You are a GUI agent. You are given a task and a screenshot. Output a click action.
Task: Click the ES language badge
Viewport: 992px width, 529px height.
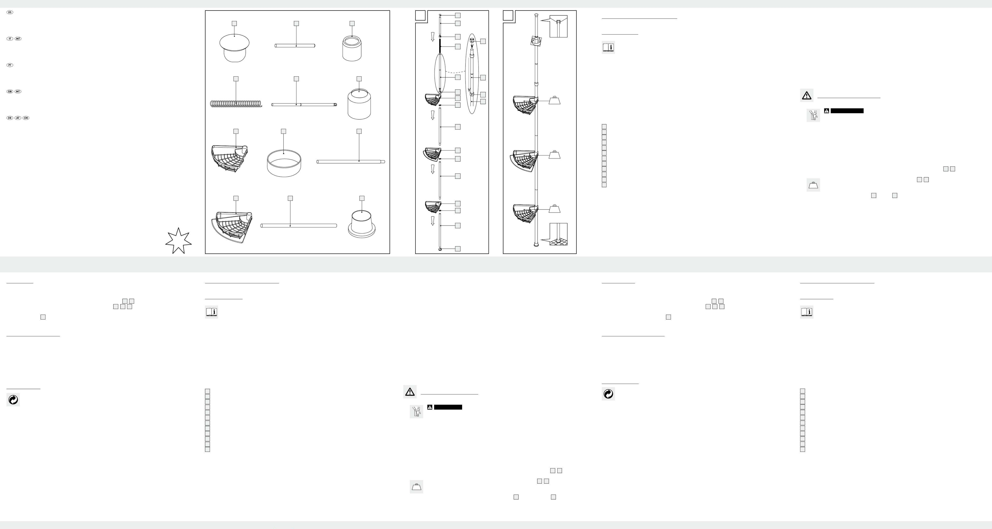coord(10,12)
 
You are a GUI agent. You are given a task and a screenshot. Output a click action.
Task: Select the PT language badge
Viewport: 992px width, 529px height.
coord(10,65)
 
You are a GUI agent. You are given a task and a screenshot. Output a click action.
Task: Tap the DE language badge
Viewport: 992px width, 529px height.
coord(10,118)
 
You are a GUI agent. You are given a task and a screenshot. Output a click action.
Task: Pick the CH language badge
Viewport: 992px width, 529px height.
coord(26,118)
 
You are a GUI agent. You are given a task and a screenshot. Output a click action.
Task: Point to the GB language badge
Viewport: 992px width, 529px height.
coord(10,92)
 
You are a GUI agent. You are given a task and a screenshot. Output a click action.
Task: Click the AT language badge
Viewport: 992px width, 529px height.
coord(18,118)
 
